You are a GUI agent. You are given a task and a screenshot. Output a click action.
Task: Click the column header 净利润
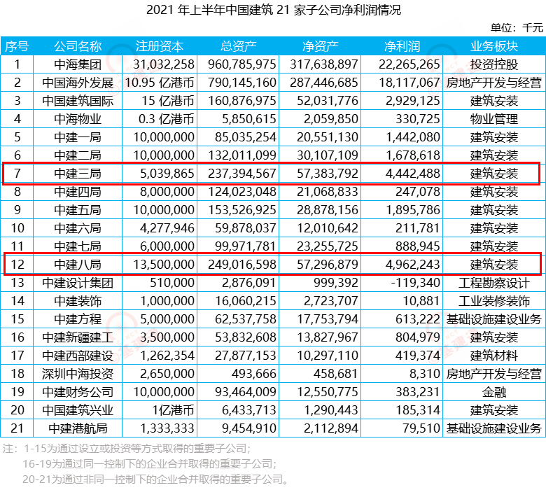tap(402, 46)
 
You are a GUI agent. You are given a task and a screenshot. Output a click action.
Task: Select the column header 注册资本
tap(160, 46)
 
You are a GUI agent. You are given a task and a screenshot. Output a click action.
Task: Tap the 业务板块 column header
tap(494, 46)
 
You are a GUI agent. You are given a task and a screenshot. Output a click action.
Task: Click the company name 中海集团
tap(78, 64)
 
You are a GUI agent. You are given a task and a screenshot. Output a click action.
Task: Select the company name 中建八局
tap(78, 265)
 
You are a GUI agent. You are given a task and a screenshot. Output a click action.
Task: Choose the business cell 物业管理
tap(494, 119)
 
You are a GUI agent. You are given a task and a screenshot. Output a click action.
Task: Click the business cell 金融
tap(494, 392)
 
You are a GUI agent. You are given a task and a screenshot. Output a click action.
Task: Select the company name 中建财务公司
tap(78, 392)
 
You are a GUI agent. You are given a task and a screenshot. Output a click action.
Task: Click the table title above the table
tap(273, 10)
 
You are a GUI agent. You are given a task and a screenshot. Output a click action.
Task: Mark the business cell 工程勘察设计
tap(494, 283)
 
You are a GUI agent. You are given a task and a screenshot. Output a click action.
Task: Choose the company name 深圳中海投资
tap(78, 374)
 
